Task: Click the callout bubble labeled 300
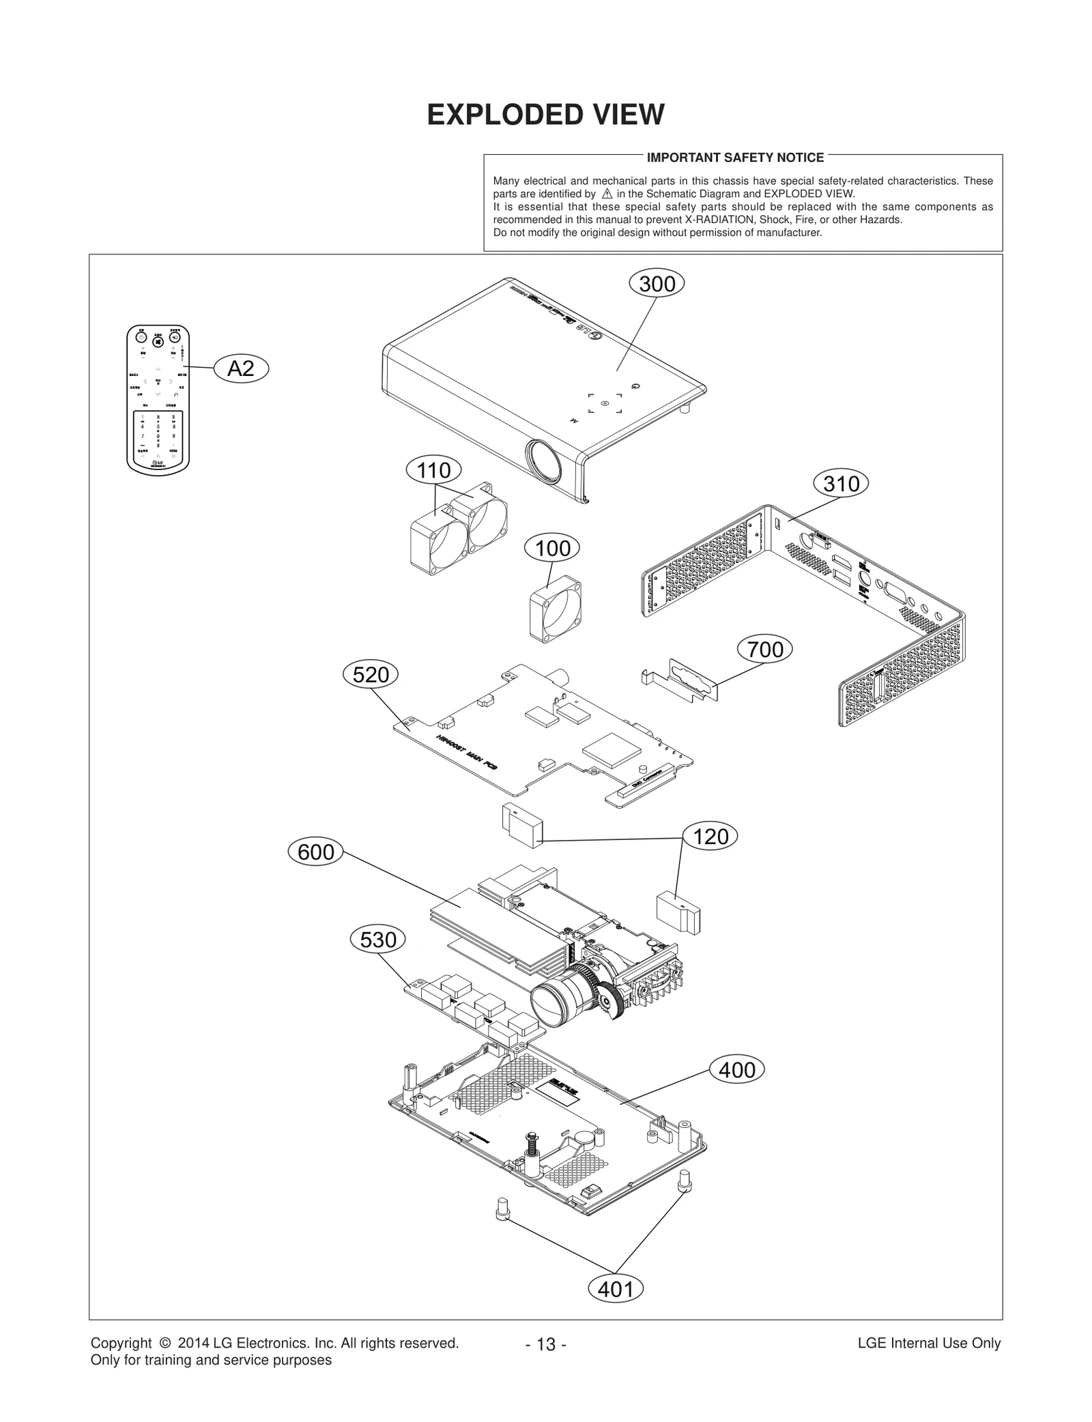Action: (x=657, y=284)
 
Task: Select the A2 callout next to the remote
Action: (x=241, y=369)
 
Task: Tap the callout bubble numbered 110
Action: (x=433, y=470)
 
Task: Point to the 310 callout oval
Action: (x=841, y=484)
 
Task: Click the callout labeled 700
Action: (x=765, y=649)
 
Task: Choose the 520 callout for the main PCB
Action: (x=371, y=675)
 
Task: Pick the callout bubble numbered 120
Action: (x=710, y=837)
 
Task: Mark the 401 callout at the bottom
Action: (x=616, y=1289)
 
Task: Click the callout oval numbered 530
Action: (x=377, y=940)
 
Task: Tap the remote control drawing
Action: (x=158, y=398)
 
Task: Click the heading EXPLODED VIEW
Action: (x=545, y=115)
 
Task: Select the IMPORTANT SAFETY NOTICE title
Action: (x=735, y=158)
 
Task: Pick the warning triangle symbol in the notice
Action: (x=607, y=194)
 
